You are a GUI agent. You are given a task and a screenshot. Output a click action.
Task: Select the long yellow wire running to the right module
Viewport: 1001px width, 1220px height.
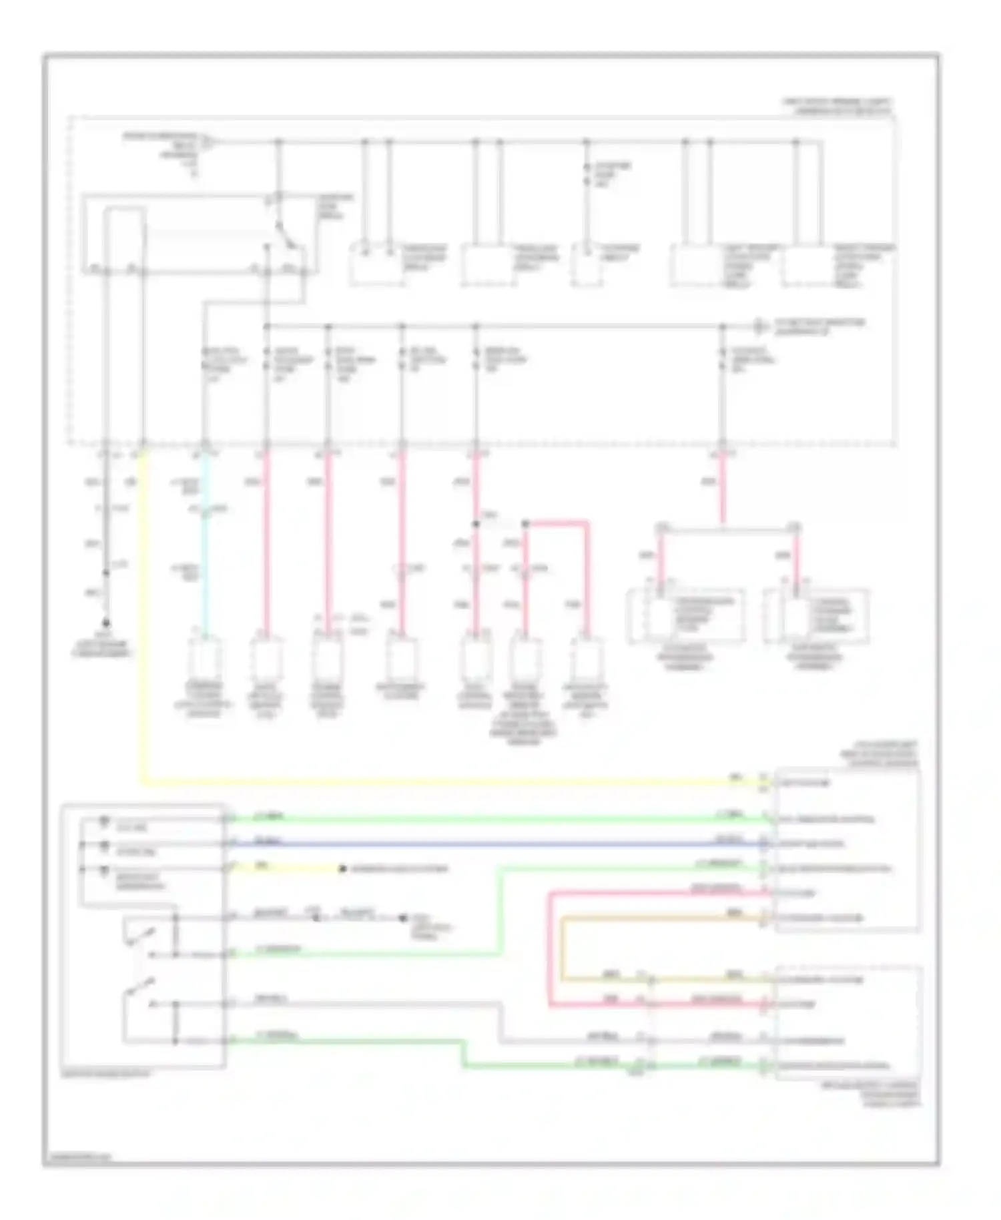[434, 782]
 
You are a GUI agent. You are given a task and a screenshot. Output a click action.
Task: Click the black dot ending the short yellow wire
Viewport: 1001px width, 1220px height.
[342, 870]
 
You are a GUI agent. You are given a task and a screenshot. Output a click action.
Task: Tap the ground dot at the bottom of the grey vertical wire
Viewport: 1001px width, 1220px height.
[106, 623]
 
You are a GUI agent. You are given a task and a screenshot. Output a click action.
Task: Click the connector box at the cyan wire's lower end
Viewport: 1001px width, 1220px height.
[204, 657]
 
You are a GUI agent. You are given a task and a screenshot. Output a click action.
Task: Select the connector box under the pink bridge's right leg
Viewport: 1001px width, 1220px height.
[587, 657]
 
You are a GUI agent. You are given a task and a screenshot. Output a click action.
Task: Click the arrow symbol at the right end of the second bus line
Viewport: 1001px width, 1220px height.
[759, 327]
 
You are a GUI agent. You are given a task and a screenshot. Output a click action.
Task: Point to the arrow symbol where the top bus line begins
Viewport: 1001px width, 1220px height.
[207, 141]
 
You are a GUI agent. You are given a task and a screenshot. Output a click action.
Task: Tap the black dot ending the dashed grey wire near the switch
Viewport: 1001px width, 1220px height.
[402, 919]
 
